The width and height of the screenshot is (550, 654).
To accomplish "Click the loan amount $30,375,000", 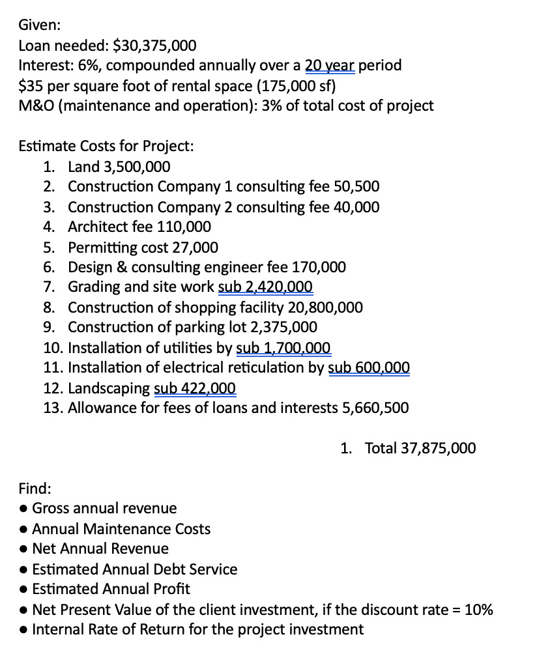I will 154,45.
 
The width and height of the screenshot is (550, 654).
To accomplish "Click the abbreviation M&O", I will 37,106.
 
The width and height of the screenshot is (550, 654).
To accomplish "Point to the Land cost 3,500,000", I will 134,166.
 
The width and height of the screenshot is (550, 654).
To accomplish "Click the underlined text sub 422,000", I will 195,388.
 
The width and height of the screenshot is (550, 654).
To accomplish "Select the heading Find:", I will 35,488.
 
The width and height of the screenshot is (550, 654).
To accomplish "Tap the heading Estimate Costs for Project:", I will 106,146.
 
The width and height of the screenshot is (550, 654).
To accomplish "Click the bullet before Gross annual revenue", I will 23,508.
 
